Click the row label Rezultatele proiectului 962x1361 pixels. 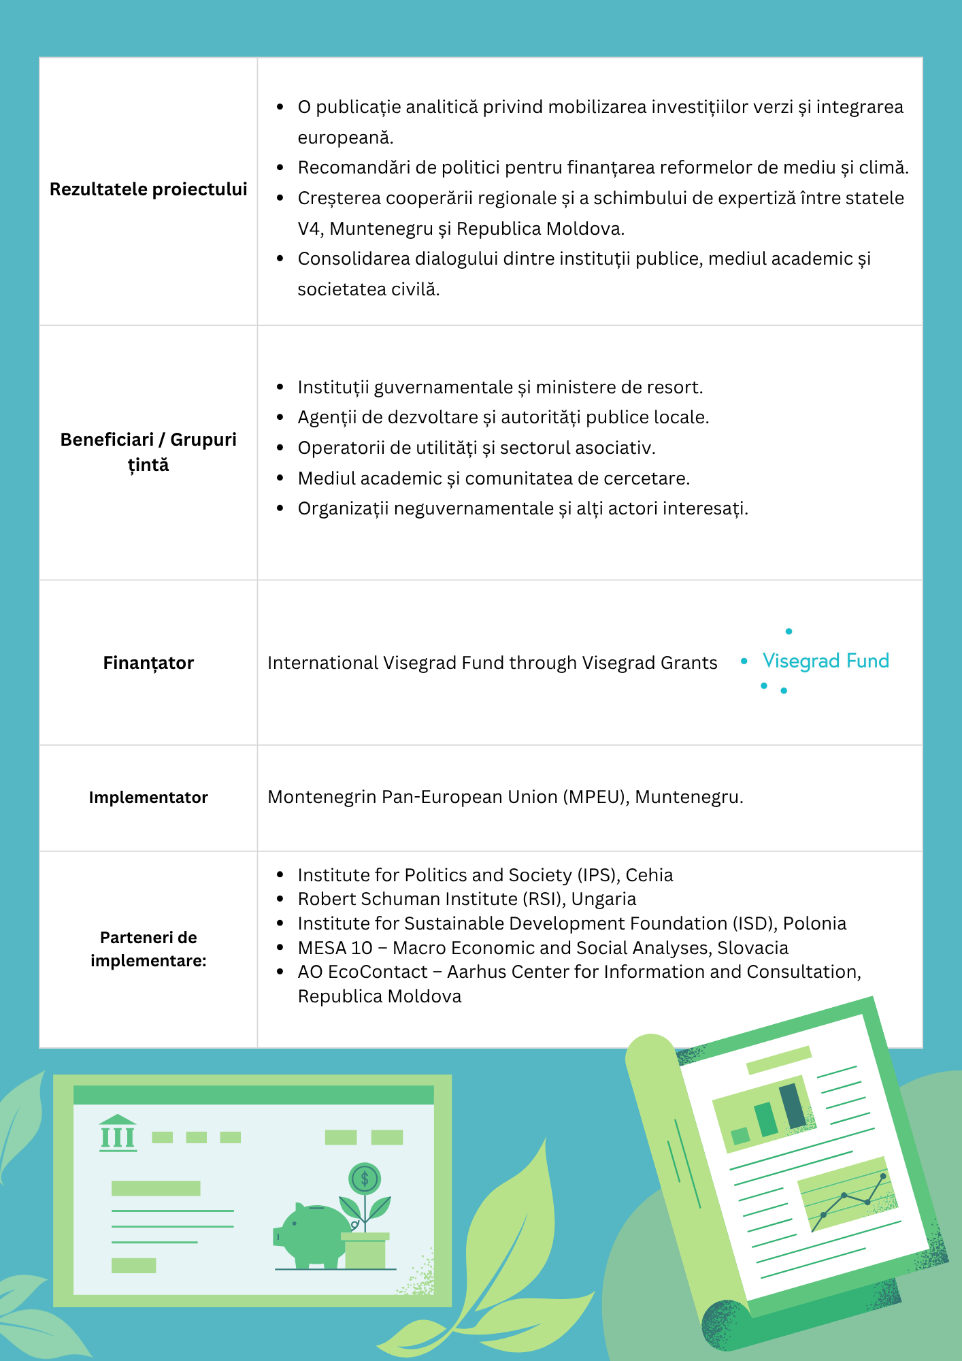(x=148, y=189)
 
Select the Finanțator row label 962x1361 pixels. (x=148, y=663)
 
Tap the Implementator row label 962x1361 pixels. (x=148, y=798)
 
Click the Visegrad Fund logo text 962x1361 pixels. (x=825, y=661)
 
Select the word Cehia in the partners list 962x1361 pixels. (x=649, y=875)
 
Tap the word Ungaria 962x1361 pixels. (x=603, y=899)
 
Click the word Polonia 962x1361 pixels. (x=814, y=923)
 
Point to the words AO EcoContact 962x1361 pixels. (x=363, y=972)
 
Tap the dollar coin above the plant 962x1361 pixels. (x=365, y=1179)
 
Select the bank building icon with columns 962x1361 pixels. (x=118, y=1133)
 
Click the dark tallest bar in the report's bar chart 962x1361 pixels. (x=792, y=1106)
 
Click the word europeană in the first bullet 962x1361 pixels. (x=345, y=137)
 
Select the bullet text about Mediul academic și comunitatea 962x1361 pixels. (x=493, y=478)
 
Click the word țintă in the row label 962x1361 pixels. (x=148, y=465)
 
